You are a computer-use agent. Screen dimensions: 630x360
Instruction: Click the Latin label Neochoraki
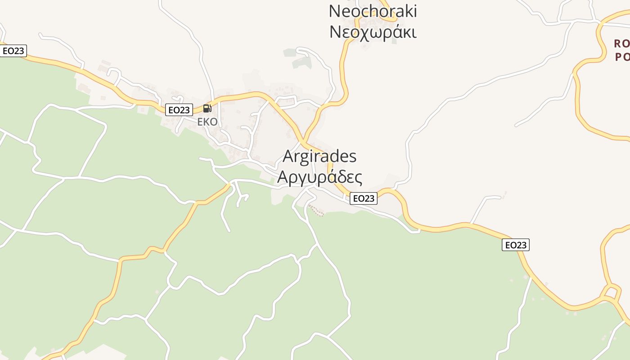[373, 11]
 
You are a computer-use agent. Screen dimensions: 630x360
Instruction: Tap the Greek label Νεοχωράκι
[373, 32]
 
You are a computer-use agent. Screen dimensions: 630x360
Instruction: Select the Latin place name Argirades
[319, 157]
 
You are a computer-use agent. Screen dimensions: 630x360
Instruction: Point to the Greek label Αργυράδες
[319, 177]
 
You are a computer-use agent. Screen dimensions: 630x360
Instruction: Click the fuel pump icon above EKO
[207, 108]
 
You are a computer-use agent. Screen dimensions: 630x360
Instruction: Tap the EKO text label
[207, 122]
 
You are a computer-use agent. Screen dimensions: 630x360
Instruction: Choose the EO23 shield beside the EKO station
[179, 110]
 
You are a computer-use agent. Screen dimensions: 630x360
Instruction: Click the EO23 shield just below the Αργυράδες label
[364, 198]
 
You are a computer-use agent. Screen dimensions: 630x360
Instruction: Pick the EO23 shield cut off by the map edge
[13, 51]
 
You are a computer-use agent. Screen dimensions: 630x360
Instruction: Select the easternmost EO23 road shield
[516, 245]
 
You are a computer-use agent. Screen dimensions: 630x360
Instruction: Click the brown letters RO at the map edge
[621, 44]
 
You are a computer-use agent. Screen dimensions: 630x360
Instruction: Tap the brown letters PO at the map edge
[621, 57]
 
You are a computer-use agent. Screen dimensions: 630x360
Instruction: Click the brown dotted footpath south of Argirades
[316, 211]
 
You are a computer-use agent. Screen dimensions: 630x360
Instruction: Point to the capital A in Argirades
[288, 157]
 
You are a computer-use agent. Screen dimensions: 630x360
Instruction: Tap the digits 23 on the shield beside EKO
[184, 110]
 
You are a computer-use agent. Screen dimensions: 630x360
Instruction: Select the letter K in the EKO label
[207, 122]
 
